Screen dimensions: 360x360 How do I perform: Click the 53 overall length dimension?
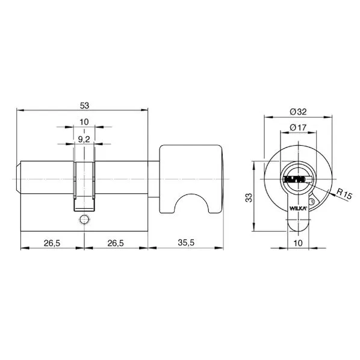point(84,106)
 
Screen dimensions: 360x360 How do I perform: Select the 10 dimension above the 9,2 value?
point(84,122)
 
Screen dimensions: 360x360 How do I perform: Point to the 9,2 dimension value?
point(84,139)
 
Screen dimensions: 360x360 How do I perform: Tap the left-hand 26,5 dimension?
point(52,243)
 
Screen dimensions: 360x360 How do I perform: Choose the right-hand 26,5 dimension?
point(116,243)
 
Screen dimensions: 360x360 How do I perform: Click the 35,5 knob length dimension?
point(186,243)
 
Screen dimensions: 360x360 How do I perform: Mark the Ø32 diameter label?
point(298,112)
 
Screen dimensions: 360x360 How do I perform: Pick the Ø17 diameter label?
point(298,127)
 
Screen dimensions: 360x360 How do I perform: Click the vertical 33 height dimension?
point(249,197)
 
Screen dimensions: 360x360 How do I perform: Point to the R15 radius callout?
point(344,193)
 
